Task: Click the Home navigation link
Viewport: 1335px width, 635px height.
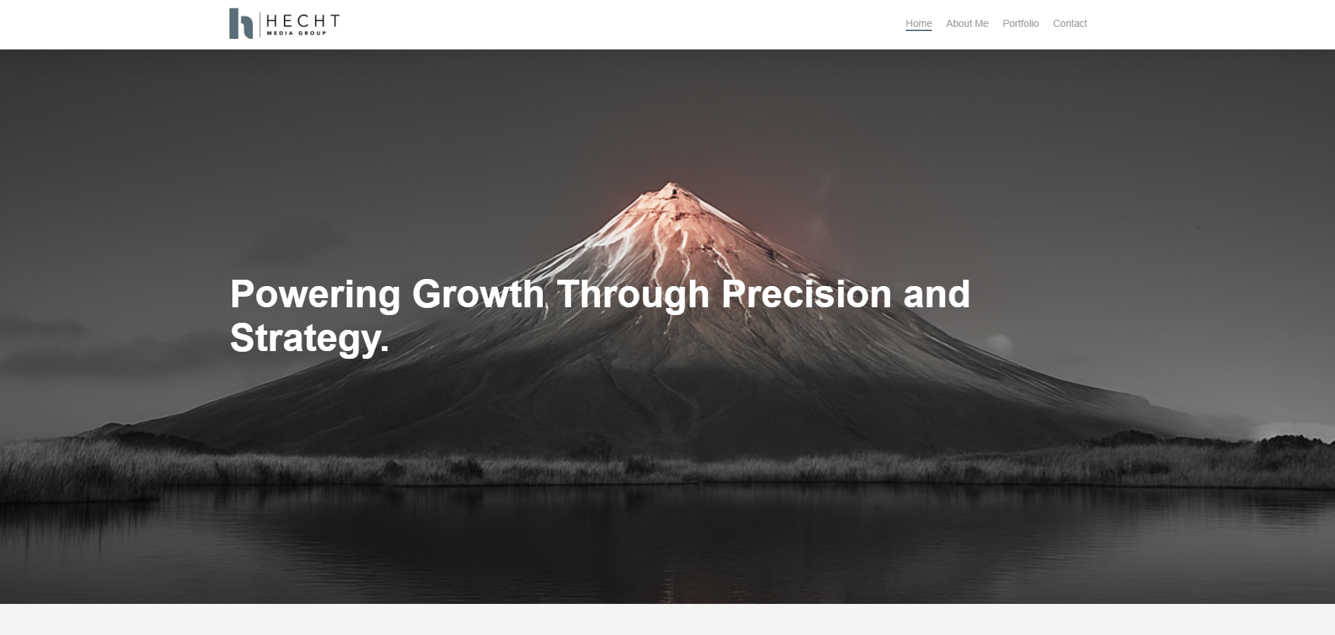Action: tap(918, 23)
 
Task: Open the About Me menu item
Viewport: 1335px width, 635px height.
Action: tap(966, 23)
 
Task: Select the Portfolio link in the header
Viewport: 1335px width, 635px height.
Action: tap(1020, 23)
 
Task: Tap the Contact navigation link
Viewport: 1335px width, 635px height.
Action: tap(1070, 23)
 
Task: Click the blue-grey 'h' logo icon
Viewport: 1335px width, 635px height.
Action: tap(241, 23)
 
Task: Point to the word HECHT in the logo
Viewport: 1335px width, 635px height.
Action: tap(303, 21)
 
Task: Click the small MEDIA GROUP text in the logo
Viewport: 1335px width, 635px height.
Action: tap(296, 33)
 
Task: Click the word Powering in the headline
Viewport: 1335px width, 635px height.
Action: tap(315, 295)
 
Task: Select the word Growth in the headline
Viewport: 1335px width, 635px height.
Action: tap(478, 294)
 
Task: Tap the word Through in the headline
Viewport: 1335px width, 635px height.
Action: tap(633, 295)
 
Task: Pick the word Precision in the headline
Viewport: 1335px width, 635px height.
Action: tap(806, 294)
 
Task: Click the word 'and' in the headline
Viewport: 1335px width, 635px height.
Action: tap(937, 294)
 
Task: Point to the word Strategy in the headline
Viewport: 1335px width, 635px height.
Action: tap(305, 338)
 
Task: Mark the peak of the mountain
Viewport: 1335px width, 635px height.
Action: tap(669, 184)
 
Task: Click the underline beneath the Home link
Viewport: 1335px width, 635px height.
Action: tap(918, 30)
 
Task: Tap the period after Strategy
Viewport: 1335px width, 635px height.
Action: tap(385, 349)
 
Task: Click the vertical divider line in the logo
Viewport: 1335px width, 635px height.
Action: tap(260, 24)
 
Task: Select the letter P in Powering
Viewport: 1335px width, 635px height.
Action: tap(241, 294)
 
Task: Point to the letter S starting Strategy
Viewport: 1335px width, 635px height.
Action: tap(242, 338)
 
